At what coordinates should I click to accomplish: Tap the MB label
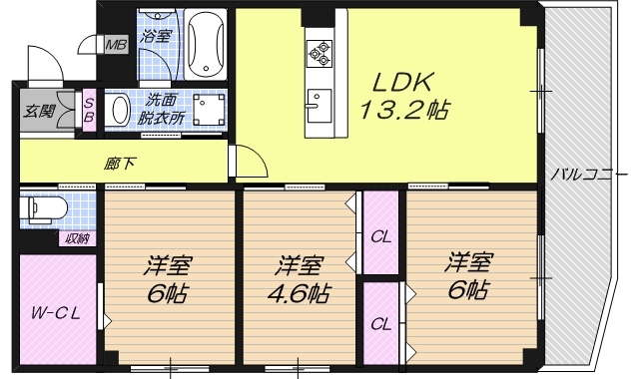point(118,45)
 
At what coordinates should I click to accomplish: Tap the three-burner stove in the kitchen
point(320,51)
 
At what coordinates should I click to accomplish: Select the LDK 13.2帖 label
point(395,95)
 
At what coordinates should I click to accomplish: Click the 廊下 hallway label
point(119,164)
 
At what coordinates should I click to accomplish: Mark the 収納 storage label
point(78,237)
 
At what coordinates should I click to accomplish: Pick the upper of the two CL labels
point(379,237)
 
